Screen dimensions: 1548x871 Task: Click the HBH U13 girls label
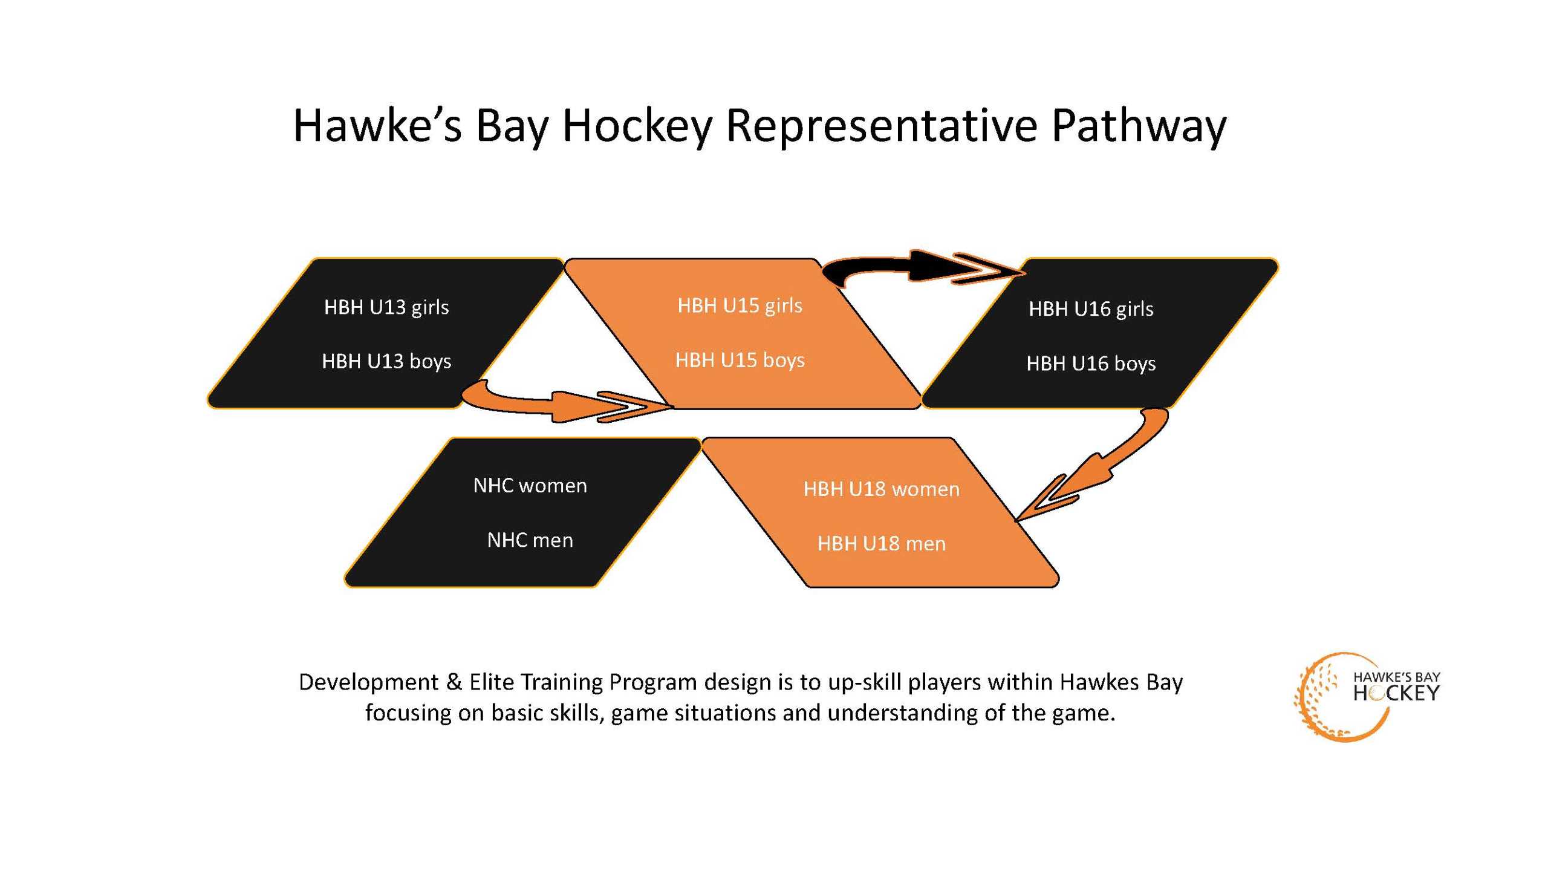click(x=386, y=308)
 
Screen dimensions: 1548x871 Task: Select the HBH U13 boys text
click(x=386, y=362)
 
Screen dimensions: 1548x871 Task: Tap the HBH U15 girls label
click(x=740, y=306)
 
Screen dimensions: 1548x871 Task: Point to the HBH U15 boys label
click(x=740, y=360)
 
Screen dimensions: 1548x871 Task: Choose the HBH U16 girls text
click(x=1091, y=310)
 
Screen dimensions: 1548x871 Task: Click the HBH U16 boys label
click(x=1091, y=364)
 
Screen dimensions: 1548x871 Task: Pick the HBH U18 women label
click(x=881, y=489)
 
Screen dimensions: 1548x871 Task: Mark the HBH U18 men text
click(x=881, y=543)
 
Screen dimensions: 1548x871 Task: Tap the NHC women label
click(x=530, y=486)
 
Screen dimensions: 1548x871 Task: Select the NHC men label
click(x=530, y=540)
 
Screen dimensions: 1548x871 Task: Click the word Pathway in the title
click(x=1139, y=127)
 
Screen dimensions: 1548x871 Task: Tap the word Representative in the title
click(x=882, y=127)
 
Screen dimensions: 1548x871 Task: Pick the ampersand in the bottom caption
click(x=454, y=682)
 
